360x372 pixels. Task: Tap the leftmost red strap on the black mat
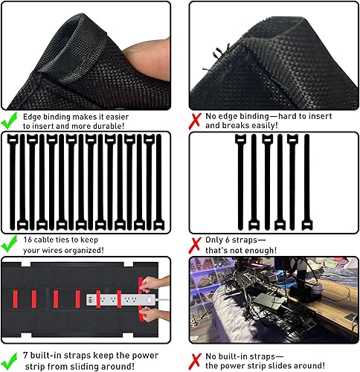[17, 298]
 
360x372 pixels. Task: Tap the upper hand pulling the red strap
[153, 285]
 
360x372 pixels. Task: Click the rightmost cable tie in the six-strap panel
[302, 183]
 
